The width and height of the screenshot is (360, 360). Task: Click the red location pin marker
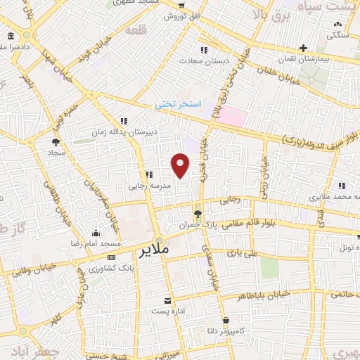tap(181, 165)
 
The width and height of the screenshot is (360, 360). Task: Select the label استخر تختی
tap(179, 103)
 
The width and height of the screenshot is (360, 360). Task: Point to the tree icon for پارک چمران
tap(198, 214)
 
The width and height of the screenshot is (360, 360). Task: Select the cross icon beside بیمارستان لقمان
tap(302, 49)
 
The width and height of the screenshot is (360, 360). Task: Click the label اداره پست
tap(169, 310)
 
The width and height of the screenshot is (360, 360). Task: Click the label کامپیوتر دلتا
tap(221, 328)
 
